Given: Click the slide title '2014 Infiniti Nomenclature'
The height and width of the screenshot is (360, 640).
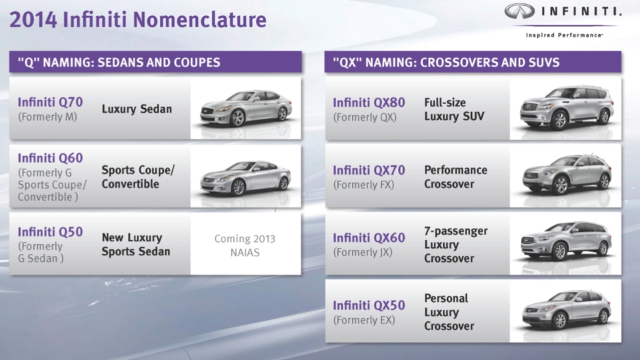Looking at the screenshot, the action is coord(138,19).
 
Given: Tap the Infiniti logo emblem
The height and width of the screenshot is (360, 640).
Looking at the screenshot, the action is coord(519,11).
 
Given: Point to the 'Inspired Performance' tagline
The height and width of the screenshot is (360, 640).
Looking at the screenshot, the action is coord(564,35).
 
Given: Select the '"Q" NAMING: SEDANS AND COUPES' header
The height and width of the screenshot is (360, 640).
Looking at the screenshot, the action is coord(119,63).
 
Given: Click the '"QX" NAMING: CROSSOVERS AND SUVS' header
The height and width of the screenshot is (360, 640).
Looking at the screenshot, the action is coord(446,63).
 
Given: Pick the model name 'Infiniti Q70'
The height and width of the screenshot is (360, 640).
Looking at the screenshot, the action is coord(50,102).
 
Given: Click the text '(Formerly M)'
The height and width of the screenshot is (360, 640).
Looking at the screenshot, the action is coord(47,117).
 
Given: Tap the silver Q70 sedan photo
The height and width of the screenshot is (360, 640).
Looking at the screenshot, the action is coord(246,107).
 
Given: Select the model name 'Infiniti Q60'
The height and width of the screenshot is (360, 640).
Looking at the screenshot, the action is coord(50,158).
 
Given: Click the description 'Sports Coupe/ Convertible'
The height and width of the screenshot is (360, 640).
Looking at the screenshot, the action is coord(138,177).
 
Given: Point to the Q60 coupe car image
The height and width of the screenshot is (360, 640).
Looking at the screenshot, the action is coord(245,177).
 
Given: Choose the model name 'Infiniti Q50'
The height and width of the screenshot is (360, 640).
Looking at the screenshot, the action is coord(50,232).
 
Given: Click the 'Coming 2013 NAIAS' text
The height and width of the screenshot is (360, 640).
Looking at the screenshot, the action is coord(245,246).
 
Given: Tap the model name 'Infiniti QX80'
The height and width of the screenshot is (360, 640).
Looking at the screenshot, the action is coord(369,103).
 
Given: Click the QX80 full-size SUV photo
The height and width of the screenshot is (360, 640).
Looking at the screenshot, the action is coord(567,107).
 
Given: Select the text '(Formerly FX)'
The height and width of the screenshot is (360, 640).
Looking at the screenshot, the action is coord(364,185).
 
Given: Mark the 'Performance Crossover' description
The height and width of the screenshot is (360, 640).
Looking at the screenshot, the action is coord(455,177).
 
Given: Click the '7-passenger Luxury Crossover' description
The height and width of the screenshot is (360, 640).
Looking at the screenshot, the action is coord(456,245).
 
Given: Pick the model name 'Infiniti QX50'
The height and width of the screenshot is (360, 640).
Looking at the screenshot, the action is coord(369,305).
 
